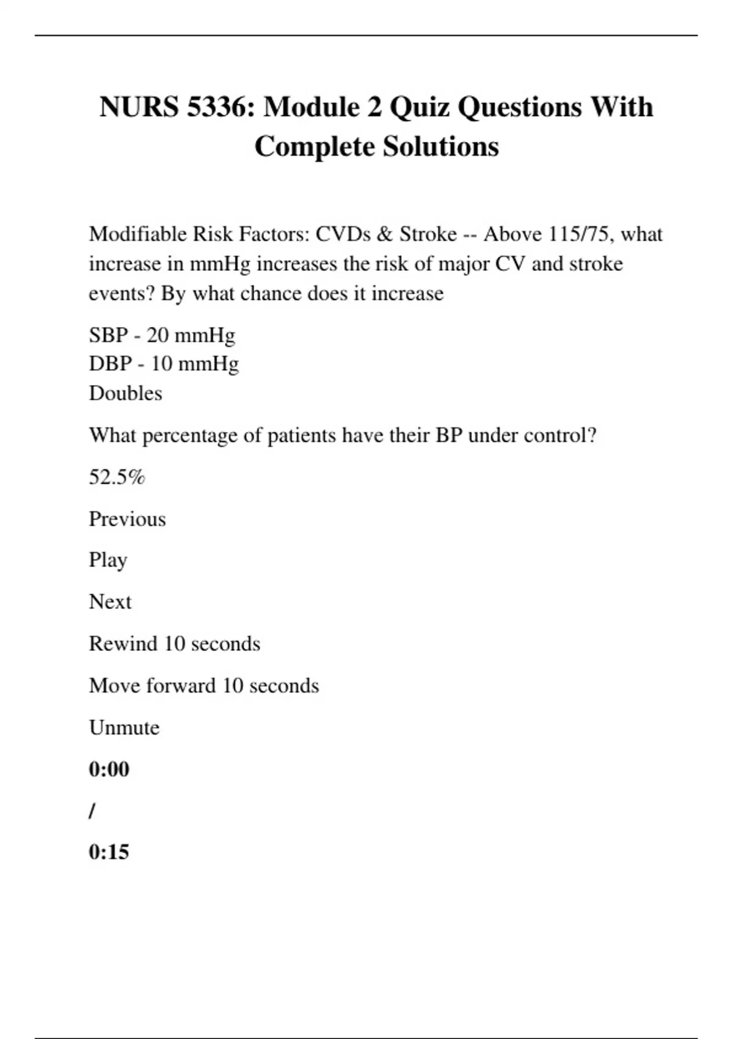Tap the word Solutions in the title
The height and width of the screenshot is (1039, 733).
(440, 147)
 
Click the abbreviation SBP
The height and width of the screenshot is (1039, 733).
(108, 335)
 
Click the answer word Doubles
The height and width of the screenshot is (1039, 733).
(125, 393)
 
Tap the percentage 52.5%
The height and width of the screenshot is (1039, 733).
(117, 477)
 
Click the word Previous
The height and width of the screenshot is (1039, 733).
(127, 519)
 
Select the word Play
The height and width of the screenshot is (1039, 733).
(108, 560)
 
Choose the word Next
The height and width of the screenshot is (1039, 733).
(110, 602)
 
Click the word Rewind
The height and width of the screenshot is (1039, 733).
(123, 644)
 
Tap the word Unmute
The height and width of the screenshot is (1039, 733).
(124, 727)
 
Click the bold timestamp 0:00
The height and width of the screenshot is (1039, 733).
(109, 769)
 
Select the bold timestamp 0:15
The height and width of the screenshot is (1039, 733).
(109, 852)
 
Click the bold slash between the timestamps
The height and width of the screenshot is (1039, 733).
(92, 811)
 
